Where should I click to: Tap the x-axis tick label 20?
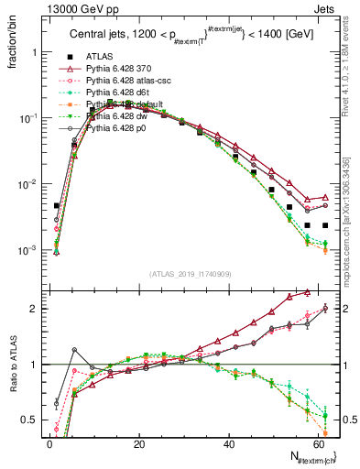[138, 444]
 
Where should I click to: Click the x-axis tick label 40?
[227, 444]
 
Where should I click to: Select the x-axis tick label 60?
[316, 444]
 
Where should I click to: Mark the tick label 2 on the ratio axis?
[32, 309]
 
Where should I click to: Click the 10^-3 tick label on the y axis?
[26, 250]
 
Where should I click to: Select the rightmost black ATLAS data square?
[325, 225]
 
